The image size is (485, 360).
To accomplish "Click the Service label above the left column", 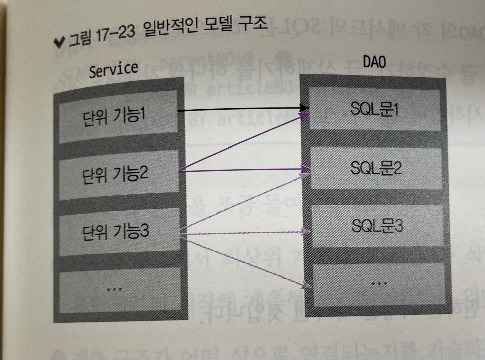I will tap(114, 70).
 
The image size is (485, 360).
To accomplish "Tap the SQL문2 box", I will tap(376, 168).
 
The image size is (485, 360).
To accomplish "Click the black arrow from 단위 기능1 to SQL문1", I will tap(243, 109).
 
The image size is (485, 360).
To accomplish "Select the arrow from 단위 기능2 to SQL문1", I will tap(243, 143).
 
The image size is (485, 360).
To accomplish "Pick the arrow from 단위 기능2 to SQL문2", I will tap(243, 170).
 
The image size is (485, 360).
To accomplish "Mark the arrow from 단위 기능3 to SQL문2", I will tap(243, 203).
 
